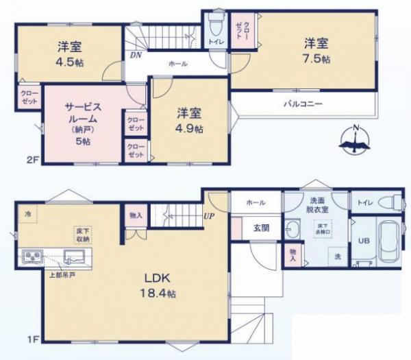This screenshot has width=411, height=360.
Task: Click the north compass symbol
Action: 356,140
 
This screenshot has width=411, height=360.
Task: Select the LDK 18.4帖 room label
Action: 160,285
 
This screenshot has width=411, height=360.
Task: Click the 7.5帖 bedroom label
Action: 317,51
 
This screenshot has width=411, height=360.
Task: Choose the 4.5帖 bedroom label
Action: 69,53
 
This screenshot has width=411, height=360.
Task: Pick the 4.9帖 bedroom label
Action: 190,121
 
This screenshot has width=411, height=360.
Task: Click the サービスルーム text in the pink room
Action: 84,112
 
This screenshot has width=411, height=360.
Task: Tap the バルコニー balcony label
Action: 303,104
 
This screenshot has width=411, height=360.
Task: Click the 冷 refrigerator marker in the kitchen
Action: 27,213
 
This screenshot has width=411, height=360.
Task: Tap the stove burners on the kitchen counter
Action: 32,257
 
